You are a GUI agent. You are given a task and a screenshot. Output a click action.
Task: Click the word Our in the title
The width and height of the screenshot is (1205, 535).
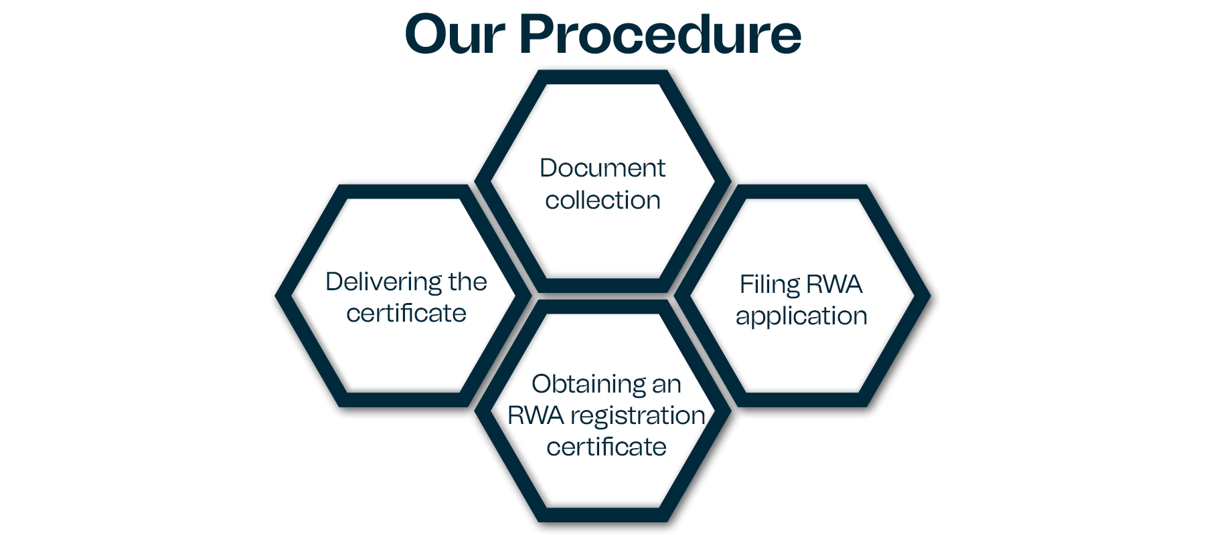pos(455,34)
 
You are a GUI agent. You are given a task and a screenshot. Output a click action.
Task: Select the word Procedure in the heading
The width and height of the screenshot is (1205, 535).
pos(660,34)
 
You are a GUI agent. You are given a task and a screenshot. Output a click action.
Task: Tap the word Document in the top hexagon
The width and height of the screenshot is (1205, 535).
pos(602,168)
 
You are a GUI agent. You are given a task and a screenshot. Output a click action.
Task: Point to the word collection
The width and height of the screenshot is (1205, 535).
pos(602,200)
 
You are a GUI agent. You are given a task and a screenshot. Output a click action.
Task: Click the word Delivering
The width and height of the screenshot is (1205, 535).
pos(383,282)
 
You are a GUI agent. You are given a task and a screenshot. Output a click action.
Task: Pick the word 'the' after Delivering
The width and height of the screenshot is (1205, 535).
pos(467,282)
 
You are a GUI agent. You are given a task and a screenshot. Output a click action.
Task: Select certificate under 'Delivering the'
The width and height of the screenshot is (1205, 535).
pos(406,313)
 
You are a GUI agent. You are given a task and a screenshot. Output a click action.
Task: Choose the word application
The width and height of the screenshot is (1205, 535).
pos(801,316)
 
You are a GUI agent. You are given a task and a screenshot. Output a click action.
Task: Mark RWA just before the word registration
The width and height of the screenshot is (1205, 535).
pos(536,415)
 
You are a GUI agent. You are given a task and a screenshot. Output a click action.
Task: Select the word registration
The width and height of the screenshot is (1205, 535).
pos(638,416)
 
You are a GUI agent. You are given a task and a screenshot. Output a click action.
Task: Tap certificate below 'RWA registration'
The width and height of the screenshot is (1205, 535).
pos(607,447)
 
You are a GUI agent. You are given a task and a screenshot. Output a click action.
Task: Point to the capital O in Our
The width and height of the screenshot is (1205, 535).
pos(427,34)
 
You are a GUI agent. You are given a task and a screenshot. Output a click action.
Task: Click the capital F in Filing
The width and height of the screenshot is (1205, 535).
pos(745,284)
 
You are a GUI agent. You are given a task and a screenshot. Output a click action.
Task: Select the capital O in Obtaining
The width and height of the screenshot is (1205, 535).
pos(542,385)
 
